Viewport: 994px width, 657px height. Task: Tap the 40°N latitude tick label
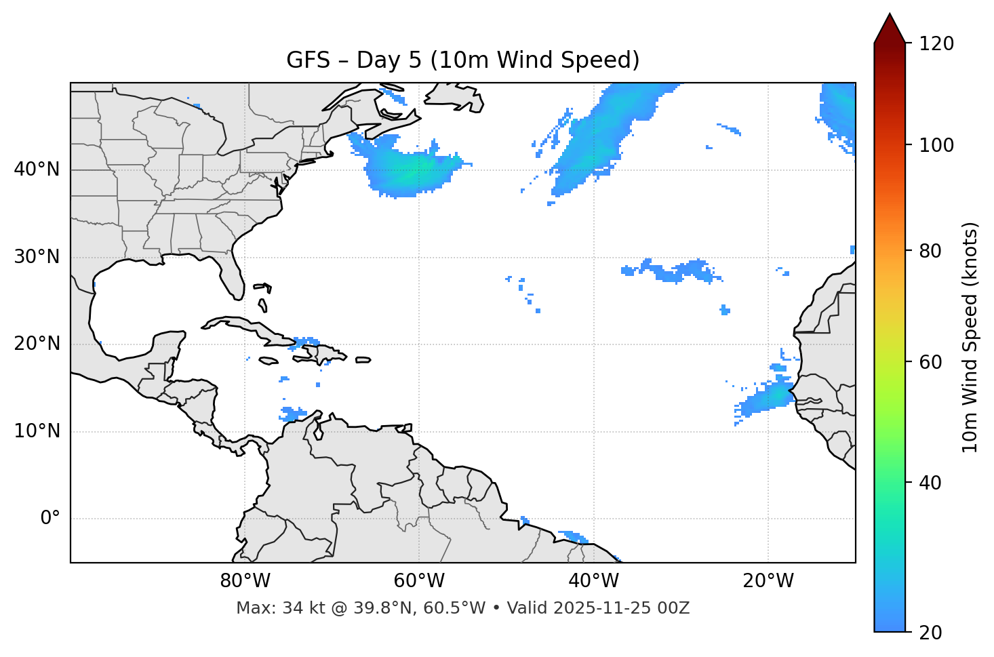tap(37, 170)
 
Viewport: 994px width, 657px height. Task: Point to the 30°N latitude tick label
tap(37, 257)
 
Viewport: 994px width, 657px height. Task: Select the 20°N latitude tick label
tap(37, 344)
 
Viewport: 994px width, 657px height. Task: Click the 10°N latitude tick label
tap(37, 431)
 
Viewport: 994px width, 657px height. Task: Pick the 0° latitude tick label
tap(49, 519)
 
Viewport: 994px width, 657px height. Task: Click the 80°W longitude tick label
tap(245, 581)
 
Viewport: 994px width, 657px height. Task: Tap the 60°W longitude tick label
tap(419, 581)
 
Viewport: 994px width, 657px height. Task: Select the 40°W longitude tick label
tap(593, 581)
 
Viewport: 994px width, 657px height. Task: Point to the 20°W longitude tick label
tap(768, 581)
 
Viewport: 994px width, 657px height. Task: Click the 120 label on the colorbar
tap(936, 44)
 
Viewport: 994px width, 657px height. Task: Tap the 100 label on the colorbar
tap(936, 145)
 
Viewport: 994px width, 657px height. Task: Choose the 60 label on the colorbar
tap(930, 362)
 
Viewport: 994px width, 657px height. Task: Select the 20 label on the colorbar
tap(930, 633)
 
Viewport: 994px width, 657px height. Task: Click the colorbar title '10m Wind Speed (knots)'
tap(970, 337)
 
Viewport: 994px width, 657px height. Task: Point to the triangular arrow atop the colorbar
tap(890, 28)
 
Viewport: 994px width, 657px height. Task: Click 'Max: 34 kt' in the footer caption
tap(264, 608)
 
